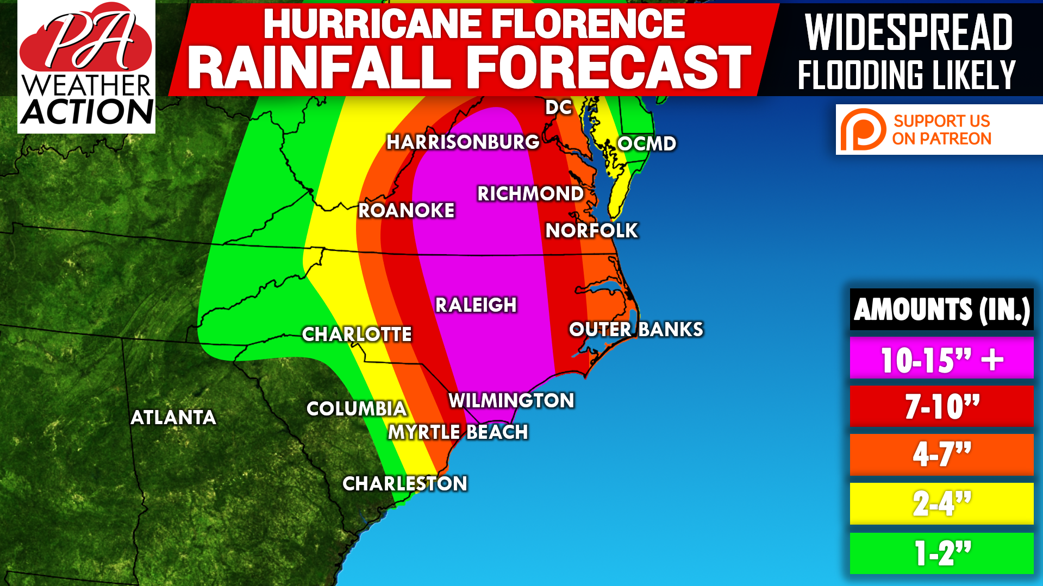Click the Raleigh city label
pyautogui.click(x=476, y=305)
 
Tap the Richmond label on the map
pyautogui.click(x=530, y=194)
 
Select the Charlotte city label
pyautogui.click(x=357, y=335)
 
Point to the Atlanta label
pyautogui.click(x=173, y=418)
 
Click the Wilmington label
pyautogui.click(x=511, y=401)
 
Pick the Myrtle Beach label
pyautogui.click(x=458, y=432)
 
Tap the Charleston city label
pyautogui.click(x=405, y=484)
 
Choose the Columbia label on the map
pyautogui.click(x=357, y=409)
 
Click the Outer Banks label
pyautogui.click(x=636, y=330)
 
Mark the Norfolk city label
pyautogui.click(x=591, y=231)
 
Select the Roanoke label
pyautogui.click(x=406, y=211)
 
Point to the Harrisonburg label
pyautogui.click(x=463, y=142)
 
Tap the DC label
pyautogui.click(x=559, y=108)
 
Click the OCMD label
pyautogui.click(x=647, y=144)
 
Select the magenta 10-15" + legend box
pyautogui.click(x=941, y=358)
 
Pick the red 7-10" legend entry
pyautogui.click(x=941, y=406)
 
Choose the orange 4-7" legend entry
pyautogui.click(x=941, y=455)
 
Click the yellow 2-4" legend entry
pyautogui.click(x=941, y=503)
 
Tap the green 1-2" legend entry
pyautogui.click(x=941, y=553)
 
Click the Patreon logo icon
pyautogui.click(x=863, y=130)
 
